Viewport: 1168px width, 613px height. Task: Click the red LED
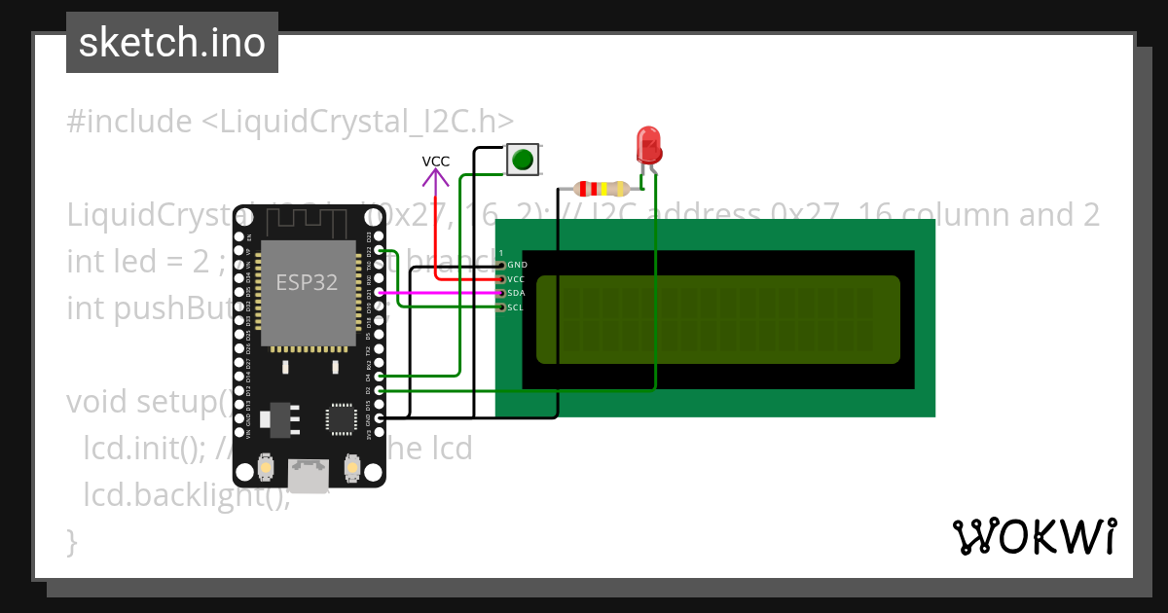point(647,146)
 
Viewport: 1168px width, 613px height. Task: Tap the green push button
point(523,159)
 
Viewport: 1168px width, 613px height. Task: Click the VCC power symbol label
point(435,161)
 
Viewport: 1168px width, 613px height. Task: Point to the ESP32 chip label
point(307,282)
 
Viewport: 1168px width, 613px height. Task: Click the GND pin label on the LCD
point(517,265)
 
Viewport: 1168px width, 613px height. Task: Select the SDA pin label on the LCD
point(516,293)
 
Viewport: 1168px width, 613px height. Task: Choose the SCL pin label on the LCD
point(516,307)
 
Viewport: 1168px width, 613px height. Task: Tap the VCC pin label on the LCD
point(516,279)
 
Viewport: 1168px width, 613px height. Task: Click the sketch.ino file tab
point(172,43)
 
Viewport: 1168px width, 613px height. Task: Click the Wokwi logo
point(1034,536)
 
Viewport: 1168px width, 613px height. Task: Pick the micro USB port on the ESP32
point(309,476)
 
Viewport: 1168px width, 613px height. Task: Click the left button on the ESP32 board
point(265,471)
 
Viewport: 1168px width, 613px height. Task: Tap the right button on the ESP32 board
point(352,471)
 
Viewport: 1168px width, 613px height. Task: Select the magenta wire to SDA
point(438,292)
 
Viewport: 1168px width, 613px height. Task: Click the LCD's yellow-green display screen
point(718,320)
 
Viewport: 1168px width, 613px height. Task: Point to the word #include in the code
point(129,122)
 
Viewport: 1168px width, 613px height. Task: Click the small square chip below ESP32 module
point(342,419)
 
